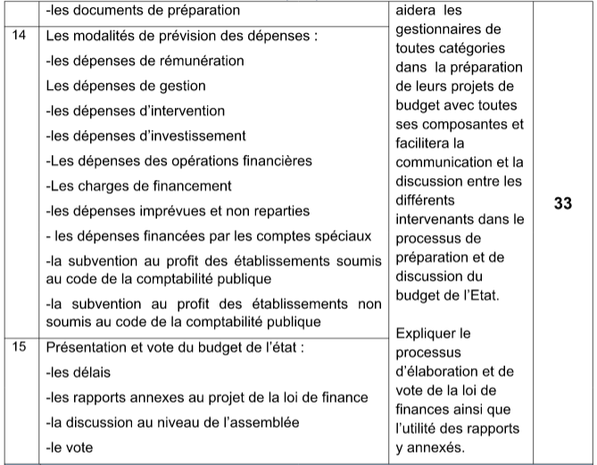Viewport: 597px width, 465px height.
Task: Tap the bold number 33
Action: point(562,202)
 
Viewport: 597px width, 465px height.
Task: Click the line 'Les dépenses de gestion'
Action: point(125,86)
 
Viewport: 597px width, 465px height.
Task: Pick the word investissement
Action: point(193,136)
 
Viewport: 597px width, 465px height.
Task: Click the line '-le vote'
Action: point(68,447)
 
